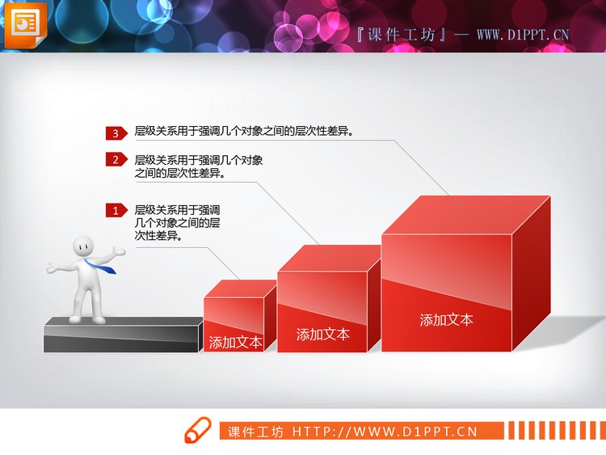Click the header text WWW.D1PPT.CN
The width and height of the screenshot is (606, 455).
(x=523, y=35)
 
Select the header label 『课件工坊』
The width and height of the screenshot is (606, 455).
(x=401, y=35)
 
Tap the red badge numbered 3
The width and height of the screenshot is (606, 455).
(x=116, y=133)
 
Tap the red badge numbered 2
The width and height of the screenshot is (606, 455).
(x=116, y=160)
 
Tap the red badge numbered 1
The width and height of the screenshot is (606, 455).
(x=116, y=211)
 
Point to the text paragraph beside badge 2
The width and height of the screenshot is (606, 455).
(x=198, y=166)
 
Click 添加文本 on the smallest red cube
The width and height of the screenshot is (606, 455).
(x=235, y=342)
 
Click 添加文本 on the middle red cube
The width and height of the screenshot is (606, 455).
(x=323, y=334)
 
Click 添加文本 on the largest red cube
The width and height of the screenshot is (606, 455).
(x=446, y=319)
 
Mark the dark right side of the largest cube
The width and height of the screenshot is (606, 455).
(x=531, y=275)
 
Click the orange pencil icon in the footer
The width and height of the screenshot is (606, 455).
(x=199, y=432)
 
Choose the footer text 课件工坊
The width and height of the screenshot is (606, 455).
(x=255, y=432)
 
